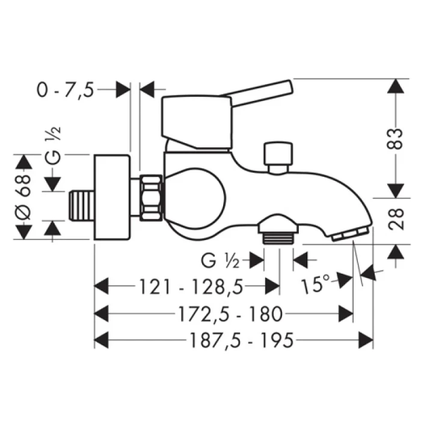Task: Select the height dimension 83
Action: coord(395,139)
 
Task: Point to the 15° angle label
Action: coord(315,284)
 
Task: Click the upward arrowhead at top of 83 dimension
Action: coord(395,87)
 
